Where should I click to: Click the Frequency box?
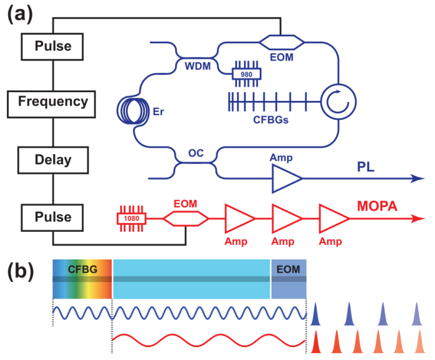tap(53, 101)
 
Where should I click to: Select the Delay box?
tap(53, 159)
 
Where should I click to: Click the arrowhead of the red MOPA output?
tap(420, 218)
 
